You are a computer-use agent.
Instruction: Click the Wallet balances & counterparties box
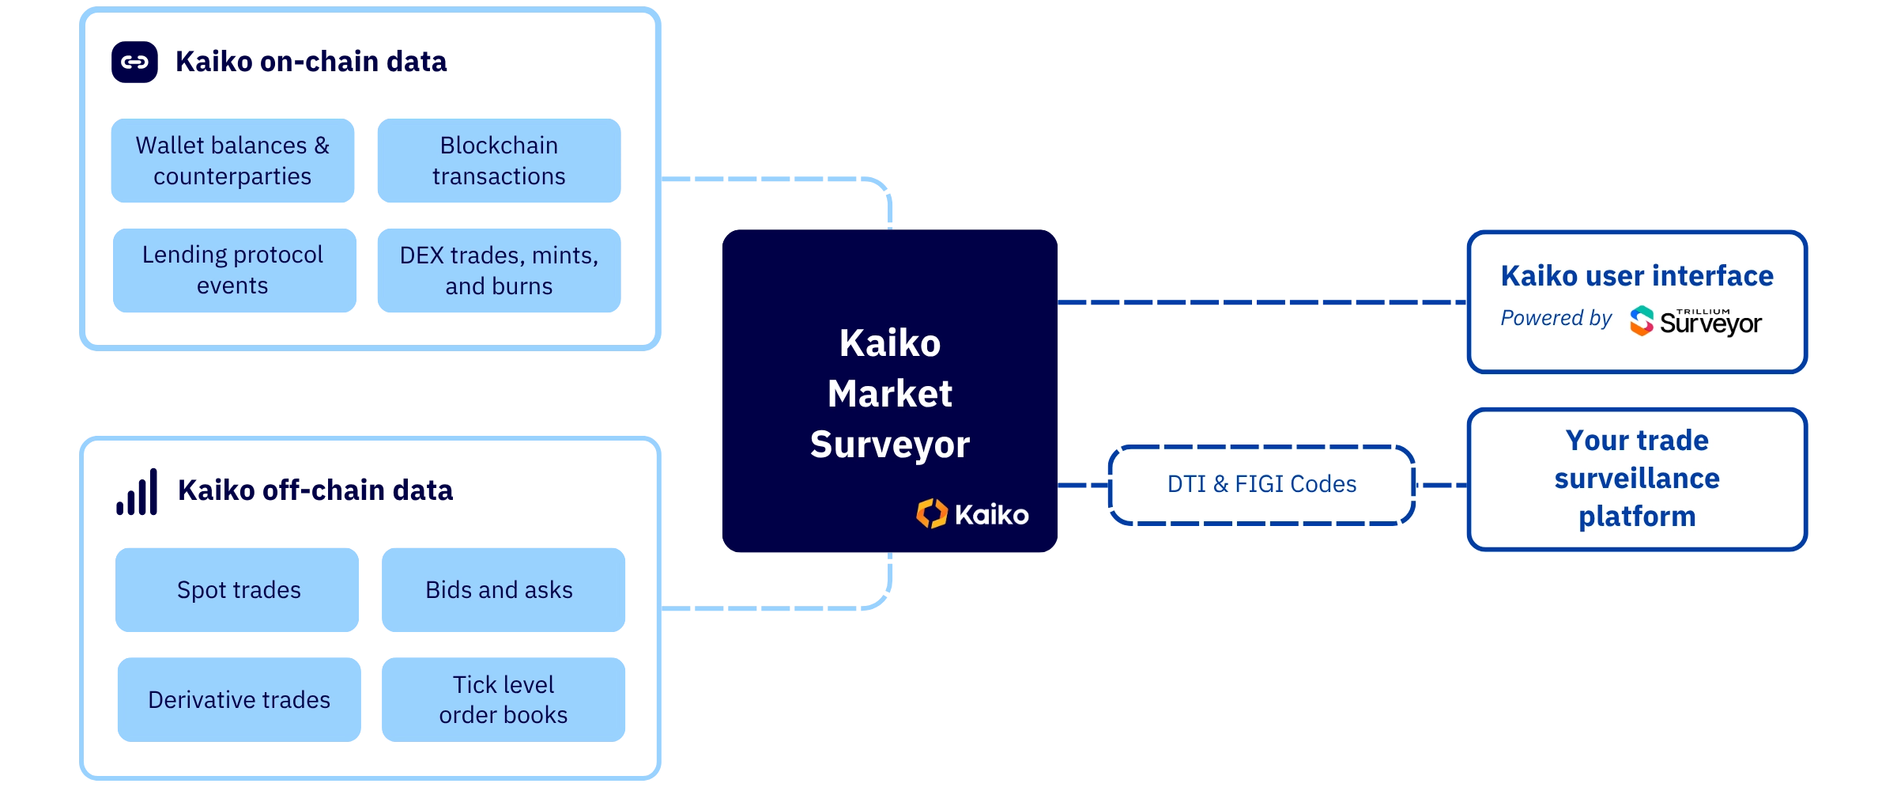233,161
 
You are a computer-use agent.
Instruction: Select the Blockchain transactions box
499,161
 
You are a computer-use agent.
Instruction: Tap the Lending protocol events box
233,271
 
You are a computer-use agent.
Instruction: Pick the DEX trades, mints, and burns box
499,271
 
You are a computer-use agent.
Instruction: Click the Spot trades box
238,589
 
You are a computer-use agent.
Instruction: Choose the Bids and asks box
502,589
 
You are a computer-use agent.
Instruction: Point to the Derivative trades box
239,699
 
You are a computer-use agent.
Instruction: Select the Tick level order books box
503,699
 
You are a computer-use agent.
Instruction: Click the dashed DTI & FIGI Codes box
1262,484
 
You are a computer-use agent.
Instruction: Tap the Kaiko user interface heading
1637,276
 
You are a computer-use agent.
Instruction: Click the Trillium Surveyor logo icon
1642,320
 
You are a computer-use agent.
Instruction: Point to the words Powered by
1556,318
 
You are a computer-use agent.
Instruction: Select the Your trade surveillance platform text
1637,479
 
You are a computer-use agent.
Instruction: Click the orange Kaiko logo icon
932,514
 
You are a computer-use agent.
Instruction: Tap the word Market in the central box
889,394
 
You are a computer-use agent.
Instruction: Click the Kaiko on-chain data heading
311,62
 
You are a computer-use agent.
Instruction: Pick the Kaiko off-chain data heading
315,490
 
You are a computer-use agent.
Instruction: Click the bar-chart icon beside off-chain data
137,492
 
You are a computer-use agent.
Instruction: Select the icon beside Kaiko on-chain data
134,62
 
